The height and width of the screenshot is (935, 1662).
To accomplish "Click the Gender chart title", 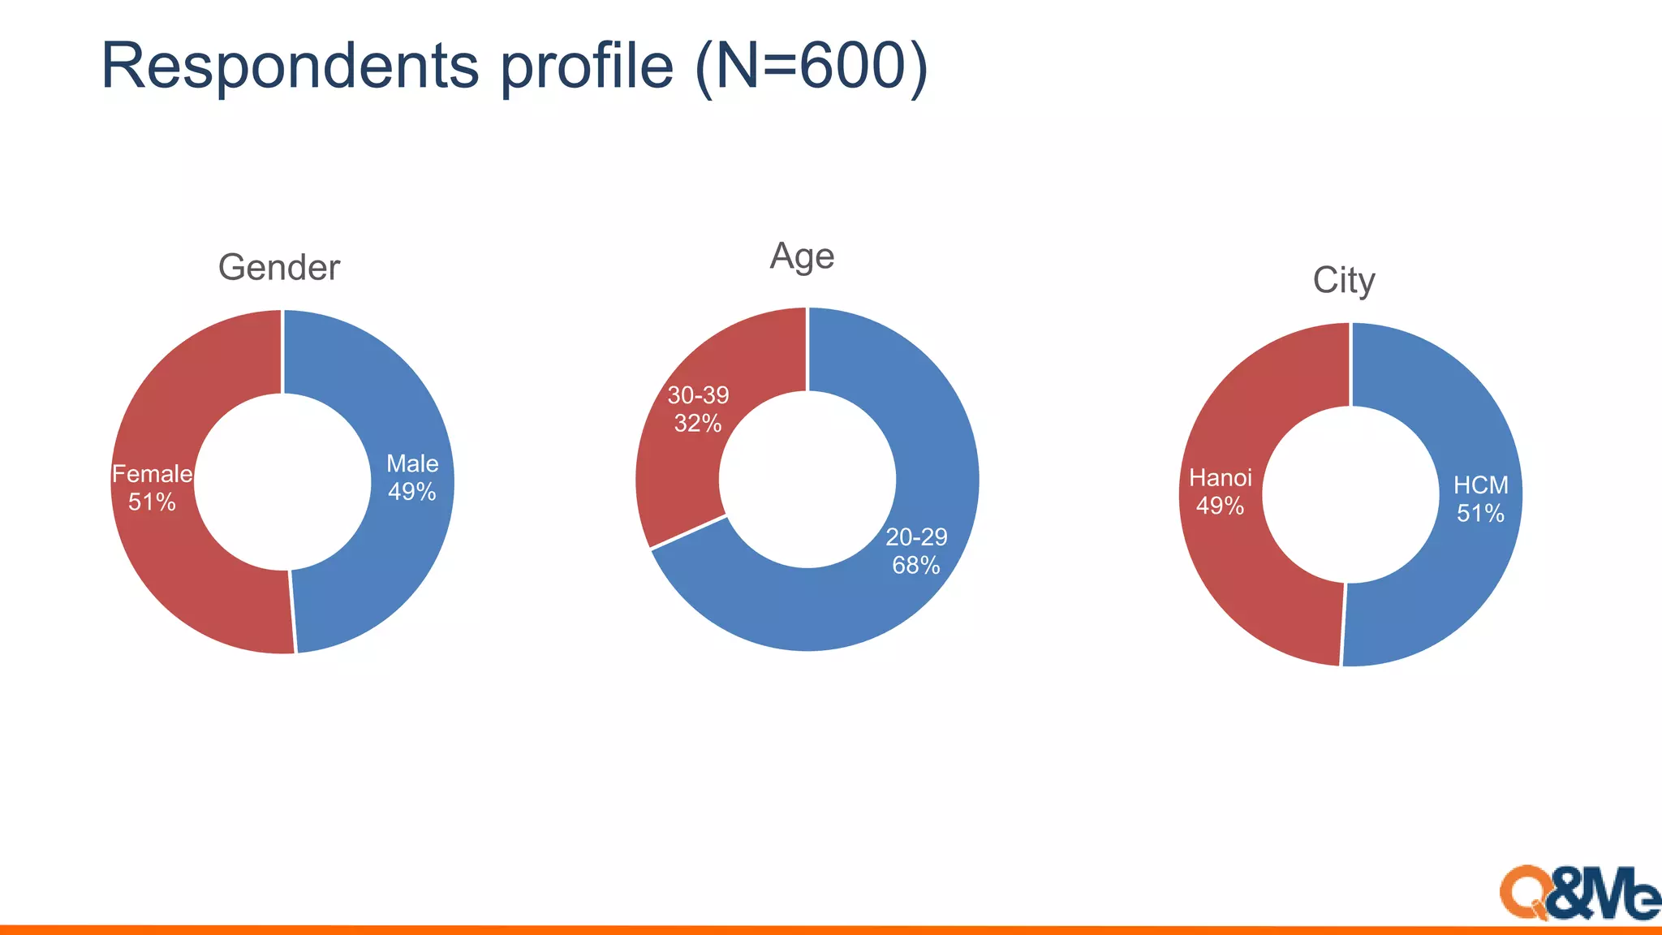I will click(x=278, y=268).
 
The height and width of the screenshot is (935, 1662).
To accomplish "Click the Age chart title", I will click(x=802, y=256).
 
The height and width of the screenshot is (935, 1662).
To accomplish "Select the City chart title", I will click(x=1344, y=281).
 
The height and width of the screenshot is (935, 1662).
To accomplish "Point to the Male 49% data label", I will click(x=412, y=478).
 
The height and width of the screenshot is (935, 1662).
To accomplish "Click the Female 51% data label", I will click(x=152, y=488).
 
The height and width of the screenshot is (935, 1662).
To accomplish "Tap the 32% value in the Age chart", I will click(x=698, y=424).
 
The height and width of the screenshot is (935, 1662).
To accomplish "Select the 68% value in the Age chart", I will click(x=916, y=565).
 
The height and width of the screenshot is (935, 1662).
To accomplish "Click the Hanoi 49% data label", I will click(x=1221, y=492).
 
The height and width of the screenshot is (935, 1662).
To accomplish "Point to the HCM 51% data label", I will click(x=1481, y=499).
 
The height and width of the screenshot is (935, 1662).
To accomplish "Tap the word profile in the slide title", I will click(x=586, y=67).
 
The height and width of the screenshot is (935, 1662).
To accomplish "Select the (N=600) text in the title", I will click(x=812, y=67).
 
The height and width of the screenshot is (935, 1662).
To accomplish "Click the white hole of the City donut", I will click(x=1350, y=494).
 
